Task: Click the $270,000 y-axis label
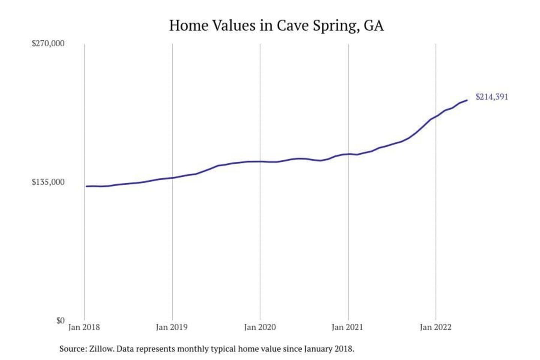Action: [48, 43]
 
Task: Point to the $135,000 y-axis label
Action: [48, 182]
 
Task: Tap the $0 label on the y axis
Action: [60, 321]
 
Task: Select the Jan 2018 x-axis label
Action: [84, 327]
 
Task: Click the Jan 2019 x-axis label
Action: [172, 327]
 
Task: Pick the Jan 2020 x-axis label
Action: [260, 327]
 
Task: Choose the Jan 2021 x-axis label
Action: [348, 327]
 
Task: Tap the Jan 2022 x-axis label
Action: [435, 327]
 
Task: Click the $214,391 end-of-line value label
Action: [492, 97]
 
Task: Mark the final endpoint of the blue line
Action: [467, 100]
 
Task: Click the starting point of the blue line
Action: [86, 186]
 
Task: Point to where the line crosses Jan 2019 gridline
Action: [172, 178]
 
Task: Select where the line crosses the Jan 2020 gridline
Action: [260, 162]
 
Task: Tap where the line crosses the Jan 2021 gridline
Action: [348, 154]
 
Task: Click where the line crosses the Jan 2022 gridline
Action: [436, 116]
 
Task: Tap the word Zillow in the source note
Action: [101, 349]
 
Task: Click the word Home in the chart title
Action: [189, 25]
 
